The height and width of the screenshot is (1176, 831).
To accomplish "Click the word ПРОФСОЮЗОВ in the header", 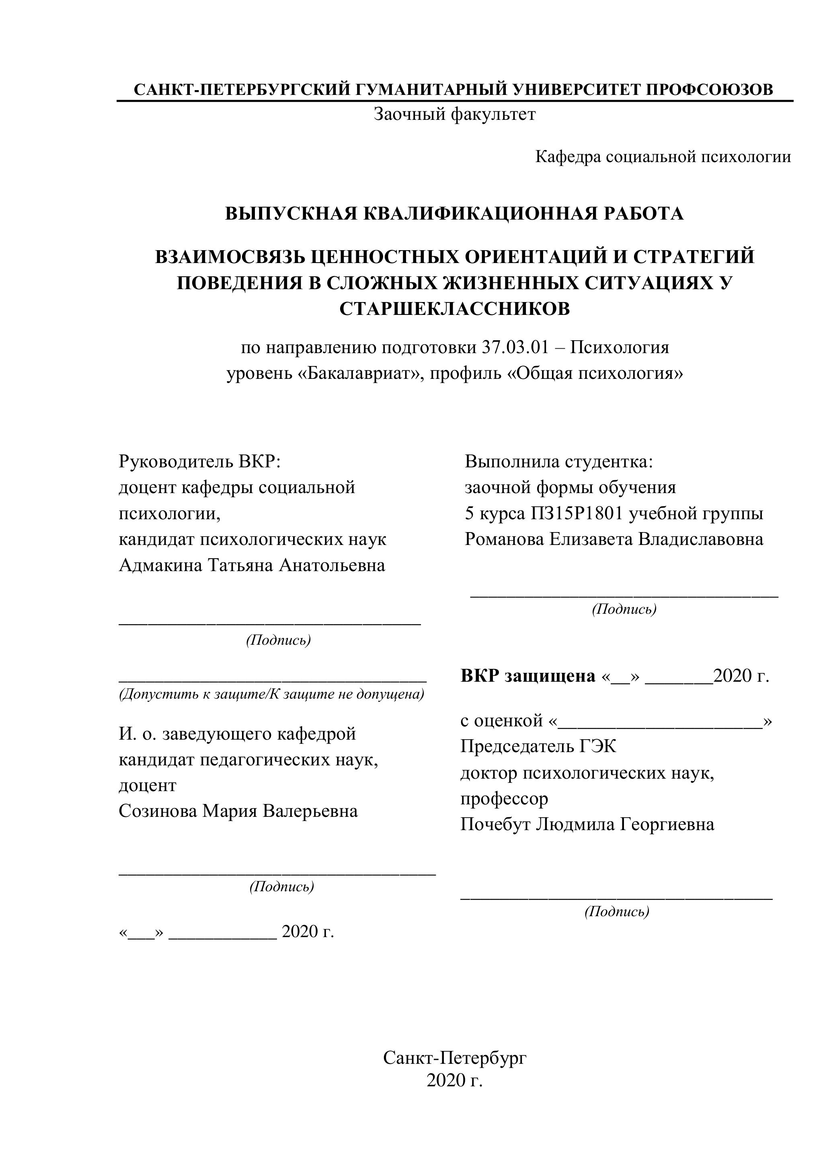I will (709, 90).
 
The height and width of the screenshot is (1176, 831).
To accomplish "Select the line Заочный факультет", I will (455, 114).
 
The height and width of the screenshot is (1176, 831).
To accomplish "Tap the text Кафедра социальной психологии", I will (663, 157).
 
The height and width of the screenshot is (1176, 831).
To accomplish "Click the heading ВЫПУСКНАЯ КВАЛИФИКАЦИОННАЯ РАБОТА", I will (455, 214).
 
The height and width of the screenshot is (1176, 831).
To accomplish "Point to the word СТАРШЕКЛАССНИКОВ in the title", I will (455, 309).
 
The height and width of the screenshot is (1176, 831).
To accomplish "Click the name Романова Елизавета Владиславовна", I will (614, 539).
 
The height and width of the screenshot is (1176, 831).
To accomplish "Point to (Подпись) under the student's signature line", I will (624, 609).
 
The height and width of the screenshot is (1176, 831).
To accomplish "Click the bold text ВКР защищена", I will (528, 676).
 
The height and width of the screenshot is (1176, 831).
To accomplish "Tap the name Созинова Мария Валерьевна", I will (238, 811).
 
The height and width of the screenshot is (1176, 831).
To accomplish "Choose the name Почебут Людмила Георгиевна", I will (587, 824).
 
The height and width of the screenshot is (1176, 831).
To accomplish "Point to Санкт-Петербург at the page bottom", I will (455, 1054).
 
